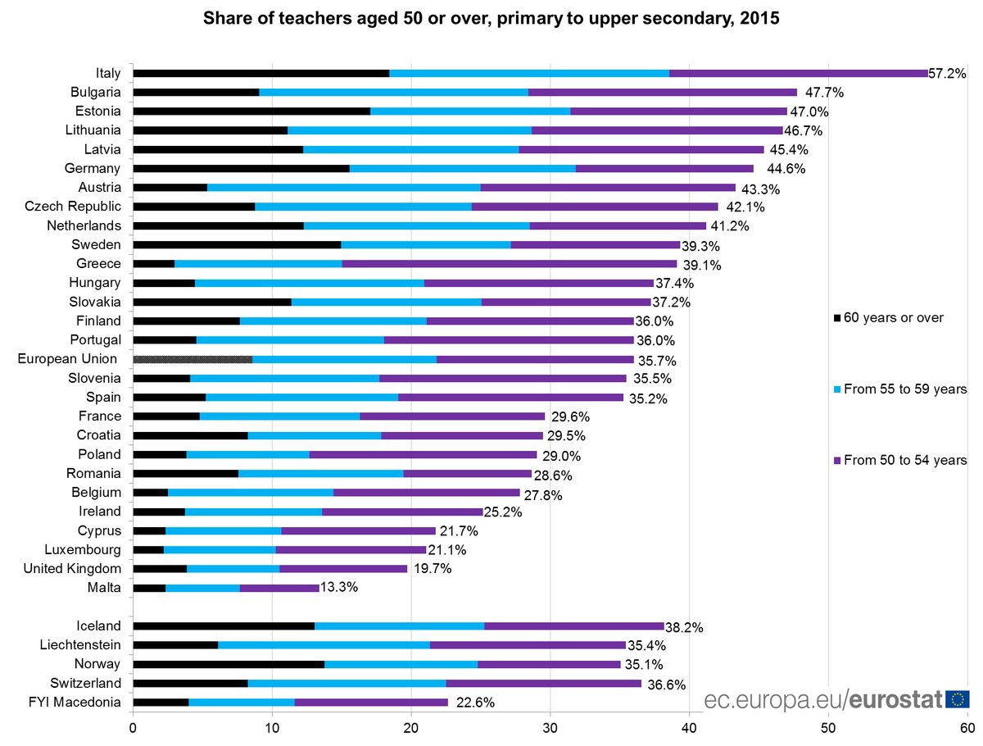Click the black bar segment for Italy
tap(260, 73)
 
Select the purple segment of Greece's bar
tap(509, 264)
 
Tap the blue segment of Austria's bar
tap(343, 188)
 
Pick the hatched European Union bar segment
tap(193, 359)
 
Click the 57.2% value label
tap(948, 74)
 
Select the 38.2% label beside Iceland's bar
tap(683, 628)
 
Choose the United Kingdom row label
tap(72, 569)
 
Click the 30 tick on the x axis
tap(550, 726)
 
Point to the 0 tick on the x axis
tap(133, 726)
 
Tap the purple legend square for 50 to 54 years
tap(837, 461)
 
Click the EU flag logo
tap(957, 699)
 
